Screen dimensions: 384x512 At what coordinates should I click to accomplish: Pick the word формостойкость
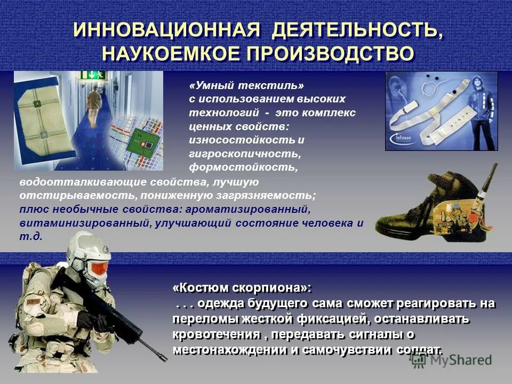pos(243,167)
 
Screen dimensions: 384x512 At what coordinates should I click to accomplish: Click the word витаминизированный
pos(85,223)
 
